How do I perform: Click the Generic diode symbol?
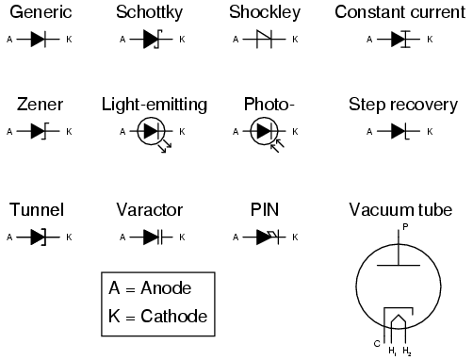pyautogui.click(x=39, y=41)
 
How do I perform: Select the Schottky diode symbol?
pyautogui.click(x=151, y=41)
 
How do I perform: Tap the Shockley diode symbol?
pyautogui.click(x=264, y=41)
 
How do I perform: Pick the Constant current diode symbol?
pyautogui.click(x=400, y=41)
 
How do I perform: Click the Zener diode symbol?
pyautogui.click(x=39, y=131)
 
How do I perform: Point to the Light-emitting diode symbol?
pyautogui.click(x=152, y=133)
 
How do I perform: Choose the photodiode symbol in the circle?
pyautogui.click(x=265, y=133)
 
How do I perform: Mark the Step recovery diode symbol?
pyautogui.click(x=400, y=131)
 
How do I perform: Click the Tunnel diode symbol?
pyautogui.click(x=39, y=237)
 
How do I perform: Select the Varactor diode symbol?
pyautogui.click(x=151, y=237)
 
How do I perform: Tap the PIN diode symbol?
pyautogui.click(x=265, y=237)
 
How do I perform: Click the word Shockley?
pyautogui.click(x=265, y=12)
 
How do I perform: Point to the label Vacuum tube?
pyautogui.click(x=400, y=209)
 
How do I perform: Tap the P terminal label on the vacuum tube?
pyautogui.click(x=404, y=227)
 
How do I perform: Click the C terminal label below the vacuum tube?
pyautogui.click(x=376, y=342)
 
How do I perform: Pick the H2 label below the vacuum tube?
pyautogui.click(x=407, y=352)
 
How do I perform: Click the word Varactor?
pyautogui.click(x=150, y=209)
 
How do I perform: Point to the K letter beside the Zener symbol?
pyautogui.click(x=68, y=131)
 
